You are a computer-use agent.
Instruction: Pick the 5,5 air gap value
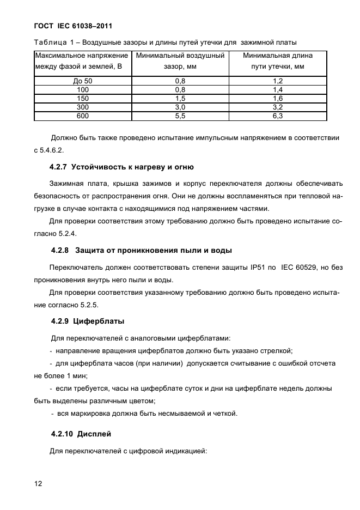click(x=180, y=116)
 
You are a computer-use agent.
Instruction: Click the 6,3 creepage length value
click(x=278, y=116)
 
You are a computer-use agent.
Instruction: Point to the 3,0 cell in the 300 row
click(x=180, y=107)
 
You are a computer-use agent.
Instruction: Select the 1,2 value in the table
click(x=278, y=80)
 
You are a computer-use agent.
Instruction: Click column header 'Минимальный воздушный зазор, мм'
click(x=180, y=60)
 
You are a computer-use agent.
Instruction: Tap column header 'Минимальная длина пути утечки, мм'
click(x=278, y=60)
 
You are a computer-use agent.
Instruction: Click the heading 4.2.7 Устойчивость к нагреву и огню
click(x=122, y=166)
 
